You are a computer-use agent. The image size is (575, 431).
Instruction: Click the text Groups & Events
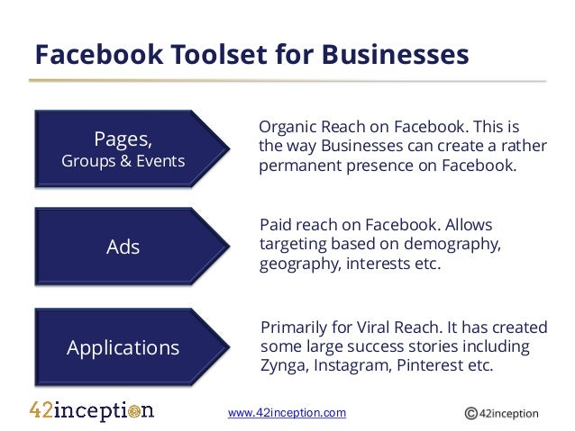click(123, 162)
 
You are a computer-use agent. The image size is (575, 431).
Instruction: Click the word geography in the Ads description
click(299, 265)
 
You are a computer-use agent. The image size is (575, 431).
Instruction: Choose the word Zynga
click(283, 367)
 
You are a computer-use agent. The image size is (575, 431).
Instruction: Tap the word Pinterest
click(431, 367)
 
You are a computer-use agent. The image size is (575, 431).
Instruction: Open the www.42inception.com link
click(287, 413)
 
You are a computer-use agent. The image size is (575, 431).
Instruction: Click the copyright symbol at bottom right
click(470, 414)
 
